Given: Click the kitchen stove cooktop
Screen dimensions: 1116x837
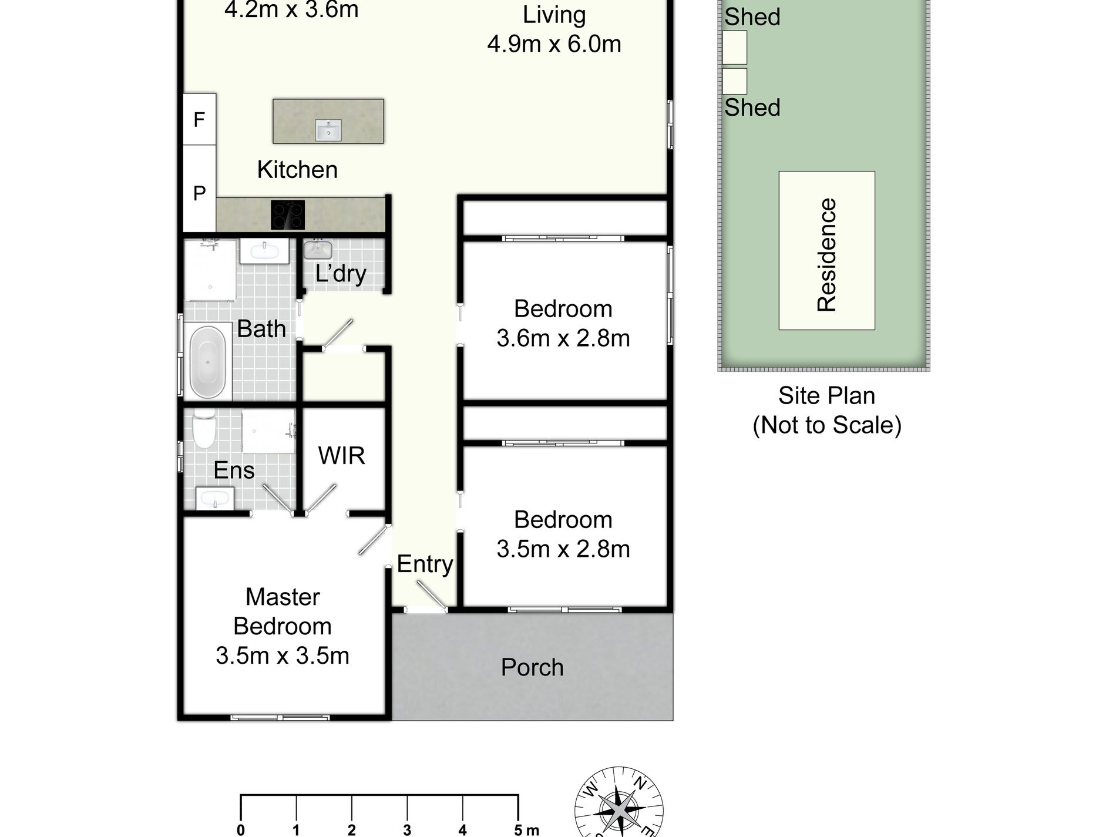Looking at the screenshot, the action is pyautogui.click(x=288, y=215).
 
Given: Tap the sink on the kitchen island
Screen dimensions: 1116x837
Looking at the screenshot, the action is pyautogui.click(x=328, y=130).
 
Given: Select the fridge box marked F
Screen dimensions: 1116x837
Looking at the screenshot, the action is pyautogui.click(x=200, y=119).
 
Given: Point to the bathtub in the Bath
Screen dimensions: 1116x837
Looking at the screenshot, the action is pyautogui.click(x=207, y=362).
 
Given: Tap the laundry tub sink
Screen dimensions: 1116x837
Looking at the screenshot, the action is pyautogui.click(x=318, y=250).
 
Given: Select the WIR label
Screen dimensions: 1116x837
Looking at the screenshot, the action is pyautogui.click(x=341, y=456).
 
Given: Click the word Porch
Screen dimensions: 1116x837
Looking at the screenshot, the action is pyautogui.click(x=532, y=667).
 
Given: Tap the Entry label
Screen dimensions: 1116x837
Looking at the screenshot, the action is pyautogui.click(x=425, y=564).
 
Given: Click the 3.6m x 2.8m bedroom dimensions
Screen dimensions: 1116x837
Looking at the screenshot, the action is pyautogui.click(x=563, y=338).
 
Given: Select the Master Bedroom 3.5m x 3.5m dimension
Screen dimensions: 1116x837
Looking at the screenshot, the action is pyautogui.click(x=283, y=656).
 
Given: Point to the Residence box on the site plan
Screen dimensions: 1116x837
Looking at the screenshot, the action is pyautogui.click(x=827, y=250).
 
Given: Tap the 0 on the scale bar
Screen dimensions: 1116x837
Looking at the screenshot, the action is pyautogui.click(x=241, y=830).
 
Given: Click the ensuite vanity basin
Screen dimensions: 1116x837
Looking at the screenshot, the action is pyautogui.click(x=214, y=499).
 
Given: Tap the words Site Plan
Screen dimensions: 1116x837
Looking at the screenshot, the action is pyautogui.click(x=826, y=396).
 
